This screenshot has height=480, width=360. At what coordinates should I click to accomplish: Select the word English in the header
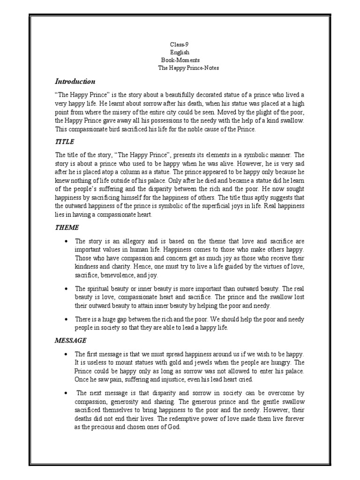[x=180, y=52]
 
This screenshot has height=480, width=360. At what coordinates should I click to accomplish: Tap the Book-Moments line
[x=180, y=60]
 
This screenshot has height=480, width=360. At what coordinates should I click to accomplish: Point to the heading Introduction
[x=75, y=82]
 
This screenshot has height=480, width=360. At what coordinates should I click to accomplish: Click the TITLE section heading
[x=65, y=142]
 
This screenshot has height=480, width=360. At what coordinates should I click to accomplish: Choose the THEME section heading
[x=67, y=227]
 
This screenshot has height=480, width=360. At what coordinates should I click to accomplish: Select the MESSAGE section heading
[x=71, y=340]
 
